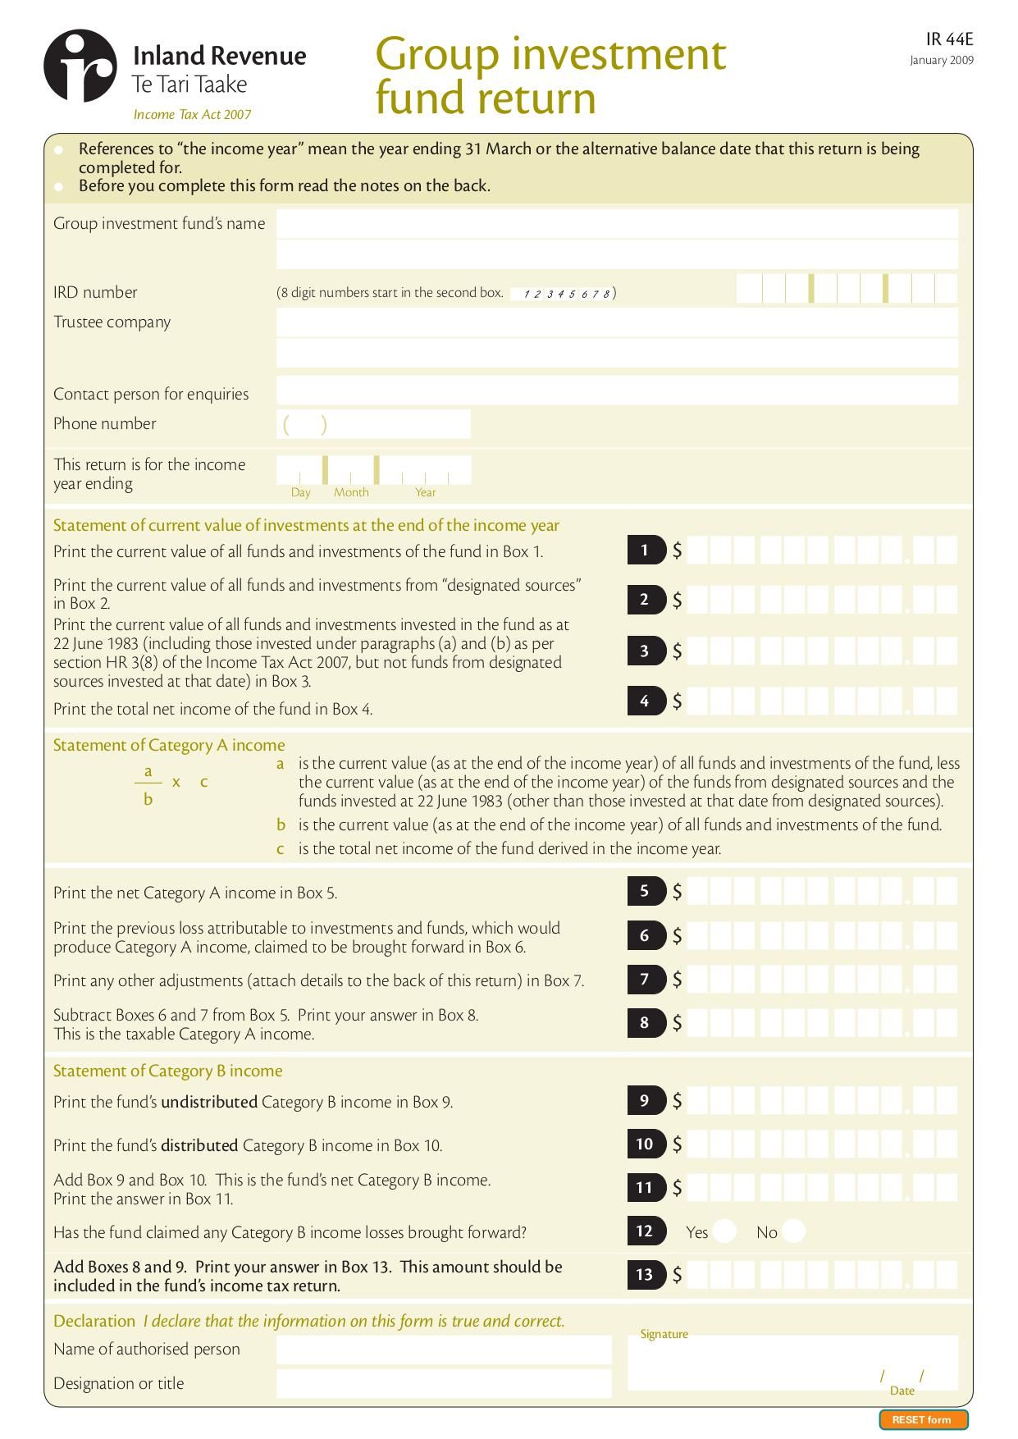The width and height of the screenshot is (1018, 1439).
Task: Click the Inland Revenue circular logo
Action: [x=80, y=66]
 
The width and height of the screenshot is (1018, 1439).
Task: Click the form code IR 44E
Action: [x=949, y=39]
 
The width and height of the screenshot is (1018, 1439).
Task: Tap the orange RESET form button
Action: [x=923, y=1419]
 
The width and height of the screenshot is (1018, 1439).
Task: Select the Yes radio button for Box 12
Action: [x=724, y=1231]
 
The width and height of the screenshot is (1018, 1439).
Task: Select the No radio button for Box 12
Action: [x=793, y=1231]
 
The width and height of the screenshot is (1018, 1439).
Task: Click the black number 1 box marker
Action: [x=646, y=550]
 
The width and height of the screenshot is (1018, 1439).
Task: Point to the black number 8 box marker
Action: [x=646, y=1022]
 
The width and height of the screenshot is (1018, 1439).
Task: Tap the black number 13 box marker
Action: [x=646, y=1274]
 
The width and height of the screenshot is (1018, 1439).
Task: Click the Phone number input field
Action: [x=373, y=424]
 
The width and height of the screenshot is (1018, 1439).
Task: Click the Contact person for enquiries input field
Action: [x=617, y=391]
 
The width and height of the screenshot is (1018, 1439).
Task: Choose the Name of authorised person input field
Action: [x=444, y=1350]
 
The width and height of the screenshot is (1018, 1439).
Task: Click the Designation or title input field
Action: [x=444, y=1383]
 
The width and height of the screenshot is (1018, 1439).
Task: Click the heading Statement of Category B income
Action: [x=167, y=1071]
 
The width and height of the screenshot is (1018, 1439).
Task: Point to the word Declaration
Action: [x=94, y=1321]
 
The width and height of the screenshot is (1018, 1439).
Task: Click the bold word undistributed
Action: [x=209, y=1102]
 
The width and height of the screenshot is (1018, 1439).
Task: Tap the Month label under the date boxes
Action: [x=351, y=492]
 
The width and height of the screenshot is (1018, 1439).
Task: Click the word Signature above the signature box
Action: [x=664, y=1334]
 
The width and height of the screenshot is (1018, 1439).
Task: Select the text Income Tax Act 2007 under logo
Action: [x=192, y=115]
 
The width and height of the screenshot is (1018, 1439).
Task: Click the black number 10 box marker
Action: [x=646, y=1144]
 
